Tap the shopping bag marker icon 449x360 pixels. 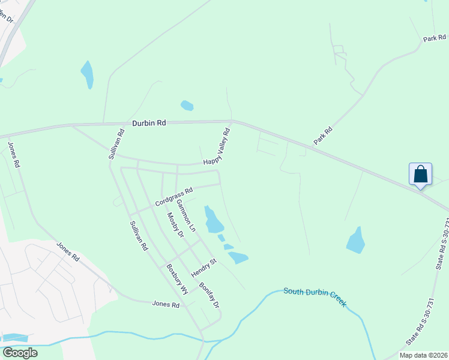pyautogui.click(x=421, y=174)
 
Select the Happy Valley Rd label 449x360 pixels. pyautogui.click(x=217, y=147)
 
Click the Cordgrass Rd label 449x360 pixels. pyautogui.click(x=173, y=197)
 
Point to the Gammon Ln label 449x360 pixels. pyautogui.click(x=186, y=216)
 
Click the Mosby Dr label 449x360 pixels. pyautogui.click(x=175, y=224)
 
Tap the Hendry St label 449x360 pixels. pyautogui.click(x=203, y=268)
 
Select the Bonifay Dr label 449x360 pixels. pyautogui.click(x=209, y=295)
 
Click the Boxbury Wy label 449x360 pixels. pyautogui.click(x=176, y=278)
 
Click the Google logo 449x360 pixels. pyautogui.click(x=20, y=352)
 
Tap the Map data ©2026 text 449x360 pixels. pyautogui.click(x=423, y=355)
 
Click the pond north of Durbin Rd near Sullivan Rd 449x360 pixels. pyautogui.click(x=88, y=74)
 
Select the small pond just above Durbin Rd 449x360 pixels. pyautogui.click(x=187, y=106)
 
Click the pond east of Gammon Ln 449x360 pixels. pyautogui.click(x=213, y=220)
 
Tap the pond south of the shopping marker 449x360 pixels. pyautogui.click(x=356, y=241)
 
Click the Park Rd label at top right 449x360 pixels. pyautogui.click(x=434, y=38)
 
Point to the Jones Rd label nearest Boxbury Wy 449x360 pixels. pyautogui.click(x=166, y=305)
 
